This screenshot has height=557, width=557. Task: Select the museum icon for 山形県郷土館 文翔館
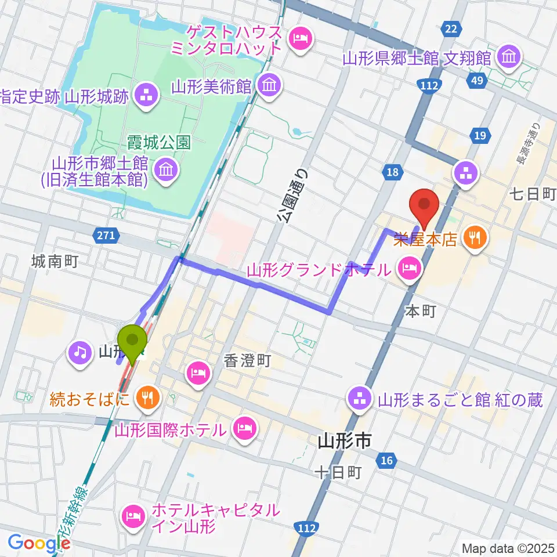tap(511, 57)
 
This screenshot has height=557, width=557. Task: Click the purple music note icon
tap(80, 351)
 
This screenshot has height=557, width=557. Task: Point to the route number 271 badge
tap(106, 235)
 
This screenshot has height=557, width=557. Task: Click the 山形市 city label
tap(345, 443)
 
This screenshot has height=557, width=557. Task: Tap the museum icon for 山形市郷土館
tap(167, 171)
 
